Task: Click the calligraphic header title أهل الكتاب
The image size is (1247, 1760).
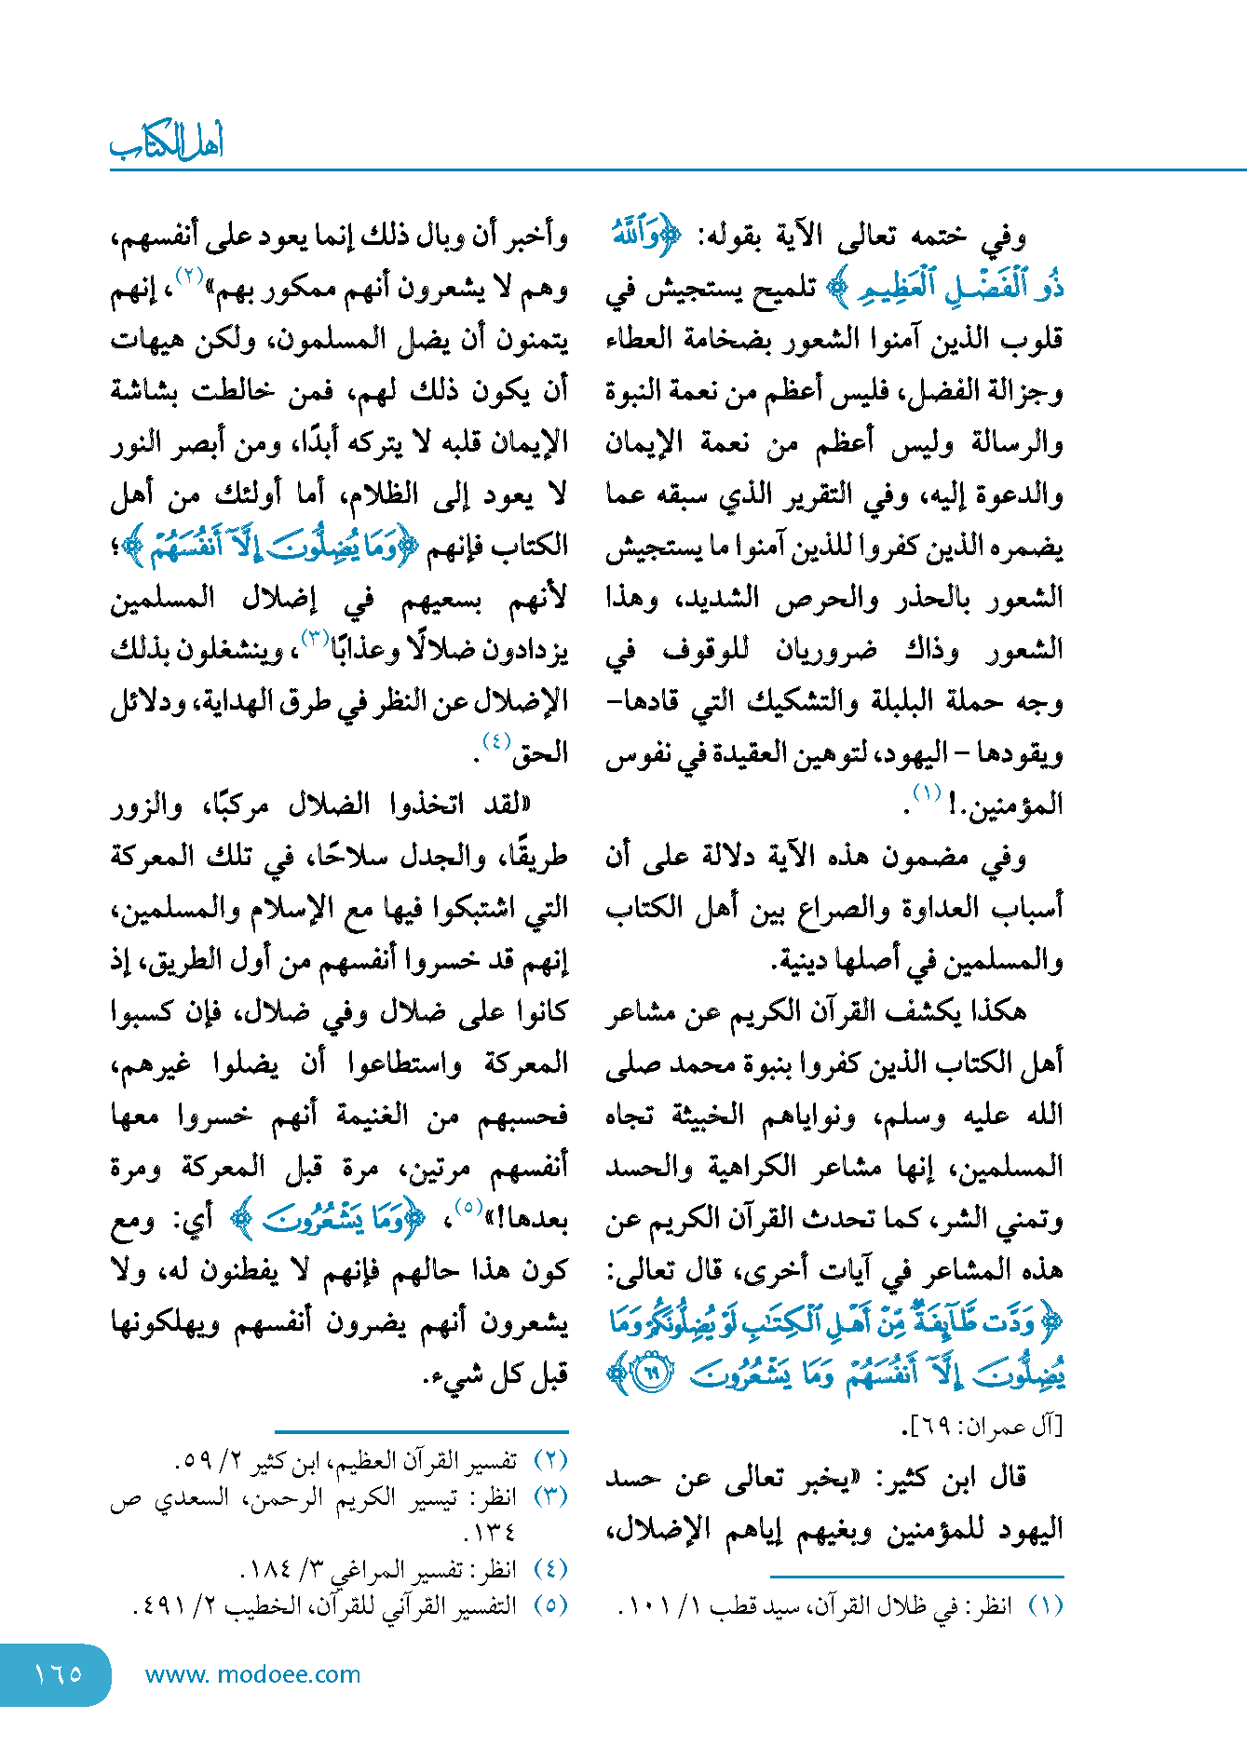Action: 167,142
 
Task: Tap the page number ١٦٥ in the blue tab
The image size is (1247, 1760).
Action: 58,1673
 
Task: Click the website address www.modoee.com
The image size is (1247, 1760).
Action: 252,1674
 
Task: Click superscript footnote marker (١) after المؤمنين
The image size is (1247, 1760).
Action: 927,793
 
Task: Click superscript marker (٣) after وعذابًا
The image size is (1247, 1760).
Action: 312,637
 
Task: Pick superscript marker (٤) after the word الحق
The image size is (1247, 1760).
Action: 496,742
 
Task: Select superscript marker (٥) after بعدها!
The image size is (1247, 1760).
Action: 468,1208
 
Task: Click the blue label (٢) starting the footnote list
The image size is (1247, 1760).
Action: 550,1460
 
